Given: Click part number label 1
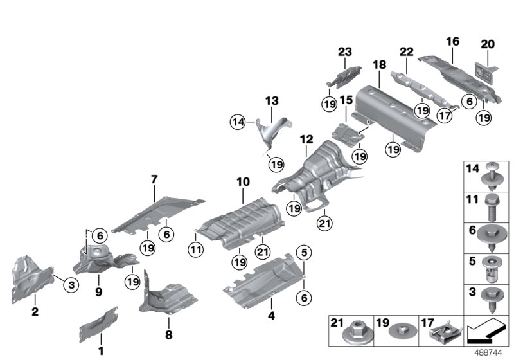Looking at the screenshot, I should click(x=100, y=350).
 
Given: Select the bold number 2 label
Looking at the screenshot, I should click(x=35, y=312).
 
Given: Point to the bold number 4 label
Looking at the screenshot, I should click(x=271, y=316).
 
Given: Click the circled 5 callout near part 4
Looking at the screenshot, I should click(x=303, y=250).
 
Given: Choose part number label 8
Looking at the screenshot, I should click(x=169, y=334).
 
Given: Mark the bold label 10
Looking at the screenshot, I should click(x=242, y=183).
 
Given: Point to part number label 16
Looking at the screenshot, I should click(x=452, y=41).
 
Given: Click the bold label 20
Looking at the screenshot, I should click(x=488, y=44).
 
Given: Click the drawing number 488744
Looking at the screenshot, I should click(x=490, y=352).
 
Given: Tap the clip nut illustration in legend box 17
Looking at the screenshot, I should click(x=443, y=332).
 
